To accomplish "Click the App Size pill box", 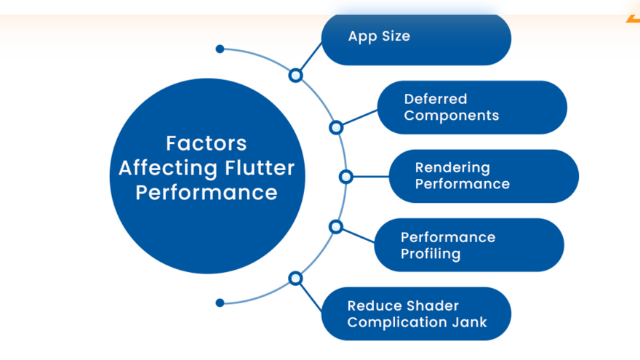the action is tap(416, 39).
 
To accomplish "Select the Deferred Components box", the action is tap(472, 108).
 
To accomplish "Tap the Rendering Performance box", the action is tap(484, 176).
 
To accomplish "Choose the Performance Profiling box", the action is tap(469, 245).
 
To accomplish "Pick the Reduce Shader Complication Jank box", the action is tap(416, 314).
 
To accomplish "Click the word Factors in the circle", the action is tap(206, 143).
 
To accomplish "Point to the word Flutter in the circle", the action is tap(260, 168).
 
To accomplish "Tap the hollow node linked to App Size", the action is tap(295, 76).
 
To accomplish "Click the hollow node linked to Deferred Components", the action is tap(336, 128).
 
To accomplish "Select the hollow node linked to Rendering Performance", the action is tap(345, 177).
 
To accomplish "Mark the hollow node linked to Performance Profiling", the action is tap(335, 227).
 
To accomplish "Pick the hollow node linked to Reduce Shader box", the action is tap(295, 279).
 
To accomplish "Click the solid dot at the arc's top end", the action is tap(220, 49).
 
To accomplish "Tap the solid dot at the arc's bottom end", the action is tap(220, 303).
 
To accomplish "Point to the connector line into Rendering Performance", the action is tap(371, 177).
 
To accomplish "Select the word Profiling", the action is tap(431, 254).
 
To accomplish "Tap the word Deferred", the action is tap(436, 99).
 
